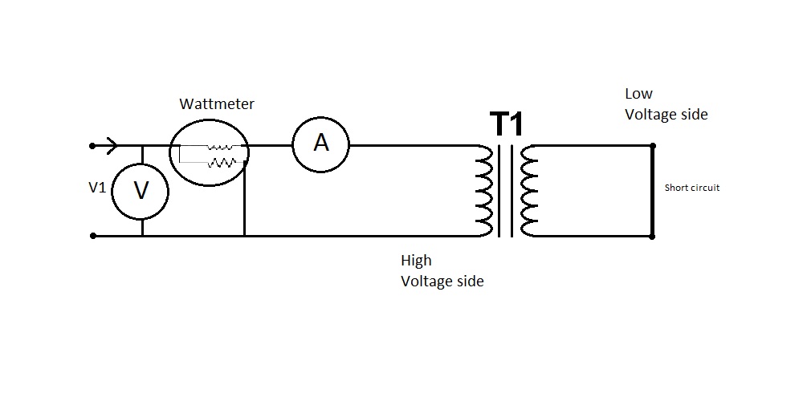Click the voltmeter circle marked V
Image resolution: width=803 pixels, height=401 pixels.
[141, 190]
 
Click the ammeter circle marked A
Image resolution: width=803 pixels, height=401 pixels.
[321, 144]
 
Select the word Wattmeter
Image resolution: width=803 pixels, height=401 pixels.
[217, 103]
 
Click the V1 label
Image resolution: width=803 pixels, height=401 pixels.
[96, 187]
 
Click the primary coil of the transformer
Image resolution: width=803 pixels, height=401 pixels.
[483, 191]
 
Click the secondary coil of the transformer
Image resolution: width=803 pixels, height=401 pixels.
[528, 191]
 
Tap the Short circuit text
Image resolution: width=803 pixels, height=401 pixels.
[692, 188]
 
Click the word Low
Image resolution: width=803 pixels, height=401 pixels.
[639, 94]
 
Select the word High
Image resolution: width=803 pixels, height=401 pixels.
[416, 261]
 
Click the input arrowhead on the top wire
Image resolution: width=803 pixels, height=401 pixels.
[112, 145]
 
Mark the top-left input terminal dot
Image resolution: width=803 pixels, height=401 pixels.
[93, 146]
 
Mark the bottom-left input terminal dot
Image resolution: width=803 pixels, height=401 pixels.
[93, 236]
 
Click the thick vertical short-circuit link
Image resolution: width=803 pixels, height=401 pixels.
[652, 191]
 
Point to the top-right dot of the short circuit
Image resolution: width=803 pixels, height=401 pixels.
[652, 145]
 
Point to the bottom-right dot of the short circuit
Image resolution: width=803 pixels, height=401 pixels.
[652, 236]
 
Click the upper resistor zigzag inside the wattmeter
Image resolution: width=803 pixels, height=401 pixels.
[219, 147]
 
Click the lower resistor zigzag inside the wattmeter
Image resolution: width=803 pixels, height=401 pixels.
[222, 162]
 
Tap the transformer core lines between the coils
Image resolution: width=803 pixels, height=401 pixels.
[505, 191]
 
